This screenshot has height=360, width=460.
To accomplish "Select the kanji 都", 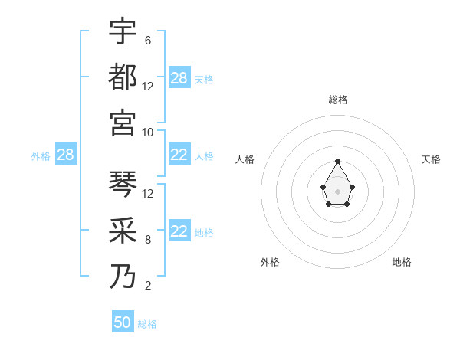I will tap(123, 77).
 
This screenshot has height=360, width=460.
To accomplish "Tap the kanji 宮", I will tap(123, 123).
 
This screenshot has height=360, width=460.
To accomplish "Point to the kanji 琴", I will tap(123, 185).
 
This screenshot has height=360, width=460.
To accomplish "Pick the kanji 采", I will tap(123, 231).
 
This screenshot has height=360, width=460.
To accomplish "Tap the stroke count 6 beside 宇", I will tap(147, 40).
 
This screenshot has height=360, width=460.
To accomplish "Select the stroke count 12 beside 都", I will tap(149, 86).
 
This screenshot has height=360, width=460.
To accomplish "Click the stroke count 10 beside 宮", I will tap(149, 132).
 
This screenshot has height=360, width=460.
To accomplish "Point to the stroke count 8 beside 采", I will tap(147, 240).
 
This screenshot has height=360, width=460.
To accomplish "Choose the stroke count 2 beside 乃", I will tap(147, 286).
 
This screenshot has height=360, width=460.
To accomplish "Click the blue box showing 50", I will tap(123, 322).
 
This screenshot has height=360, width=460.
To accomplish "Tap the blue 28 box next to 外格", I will tap(66, 155).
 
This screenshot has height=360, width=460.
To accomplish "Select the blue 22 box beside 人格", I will tap(179, 155).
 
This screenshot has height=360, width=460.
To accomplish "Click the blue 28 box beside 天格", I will tap(179, 78).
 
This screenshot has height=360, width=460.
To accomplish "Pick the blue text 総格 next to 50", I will tap(147, 324).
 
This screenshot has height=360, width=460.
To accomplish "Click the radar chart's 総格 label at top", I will tap(337, 100).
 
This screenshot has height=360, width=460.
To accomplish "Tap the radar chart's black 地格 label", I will tap(402, 262).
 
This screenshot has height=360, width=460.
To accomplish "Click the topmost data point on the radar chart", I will tap(337, 161).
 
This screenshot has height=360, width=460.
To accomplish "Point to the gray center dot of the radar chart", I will tap(337, 191).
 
